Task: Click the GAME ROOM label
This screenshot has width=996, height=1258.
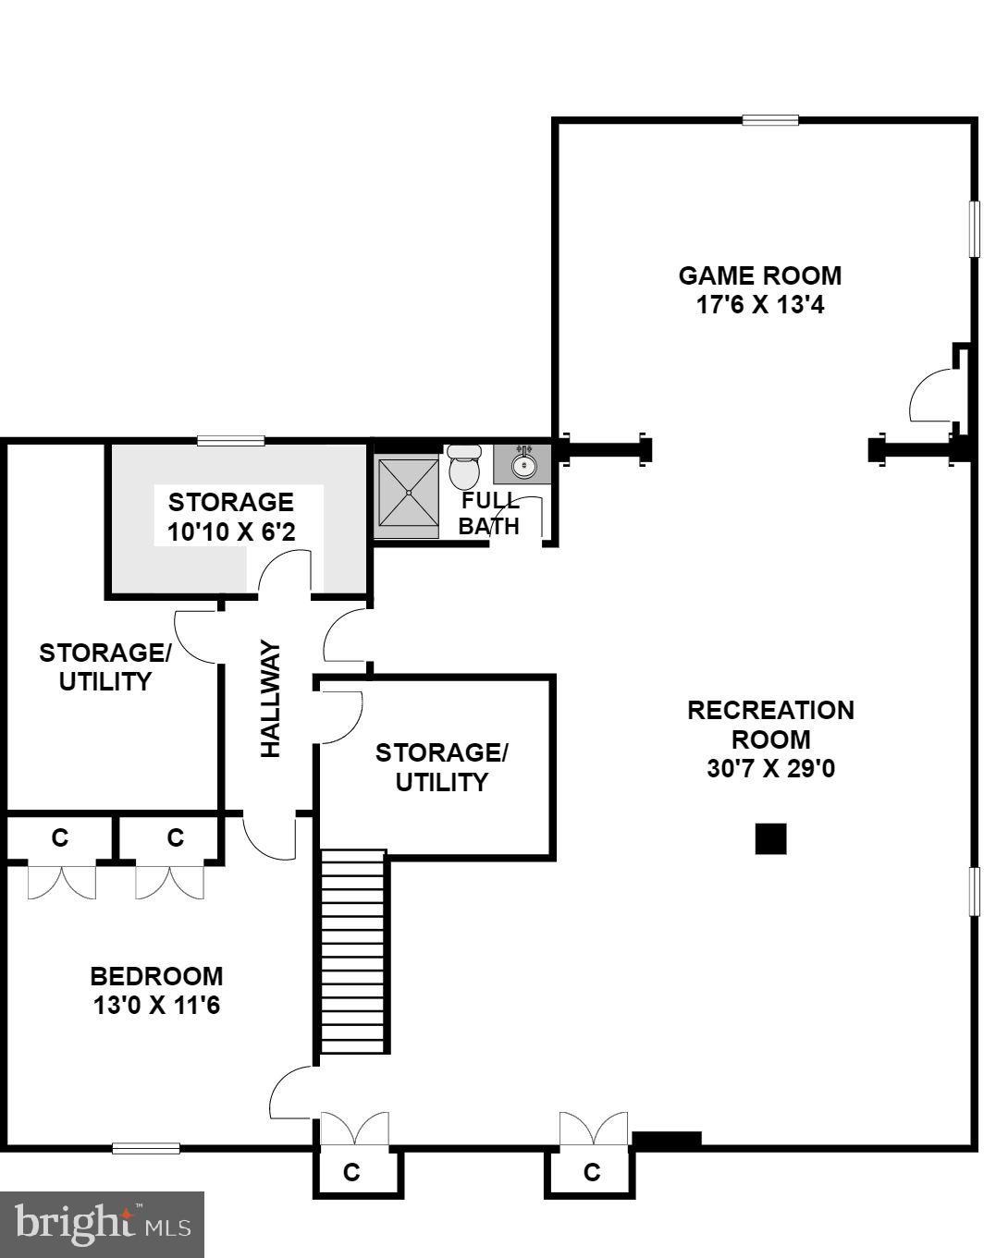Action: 759,275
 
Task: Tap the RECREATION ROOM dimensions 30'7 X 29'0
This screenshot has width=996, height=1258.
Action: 770,769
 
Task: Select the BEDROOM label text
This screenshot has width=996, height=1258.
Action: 156,976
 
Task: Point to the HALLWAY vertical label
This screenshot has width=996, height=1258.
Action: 270,699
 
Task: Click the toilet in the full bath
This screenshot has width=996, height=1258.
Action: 463,467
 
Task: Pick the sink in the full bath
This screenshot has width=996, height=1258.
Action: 523,463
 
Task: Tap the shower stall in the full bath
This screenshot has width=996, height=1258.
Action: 407,497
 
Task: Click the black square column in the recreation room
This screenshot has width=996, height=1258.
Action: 770,838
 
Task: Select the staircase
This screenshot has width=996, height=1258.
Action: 352,952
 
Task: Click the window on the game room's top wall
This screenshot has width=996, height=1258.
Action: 769,119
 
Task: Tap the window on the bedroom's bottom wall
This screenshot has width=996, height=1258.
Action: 146,1148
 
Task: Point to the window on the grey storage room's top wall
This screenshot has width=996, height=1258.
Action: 231,441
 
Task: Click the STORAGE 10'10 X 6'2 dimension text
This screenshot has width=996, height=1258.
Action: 231,531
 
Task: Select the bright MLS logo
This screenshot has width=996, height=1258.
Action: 102,1224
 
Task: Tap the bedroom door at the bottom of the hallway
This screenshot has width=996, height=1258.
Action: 269,837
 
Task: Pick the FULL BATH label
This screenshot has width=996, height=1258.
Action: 489,514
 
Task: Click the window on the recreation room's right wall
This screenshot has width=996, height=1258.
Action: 973,891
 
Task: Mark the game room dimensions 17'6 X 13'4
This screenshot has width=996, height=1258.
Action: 759,305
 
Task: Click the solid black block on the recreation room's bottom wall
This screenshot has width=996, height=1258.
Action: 666,1141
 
